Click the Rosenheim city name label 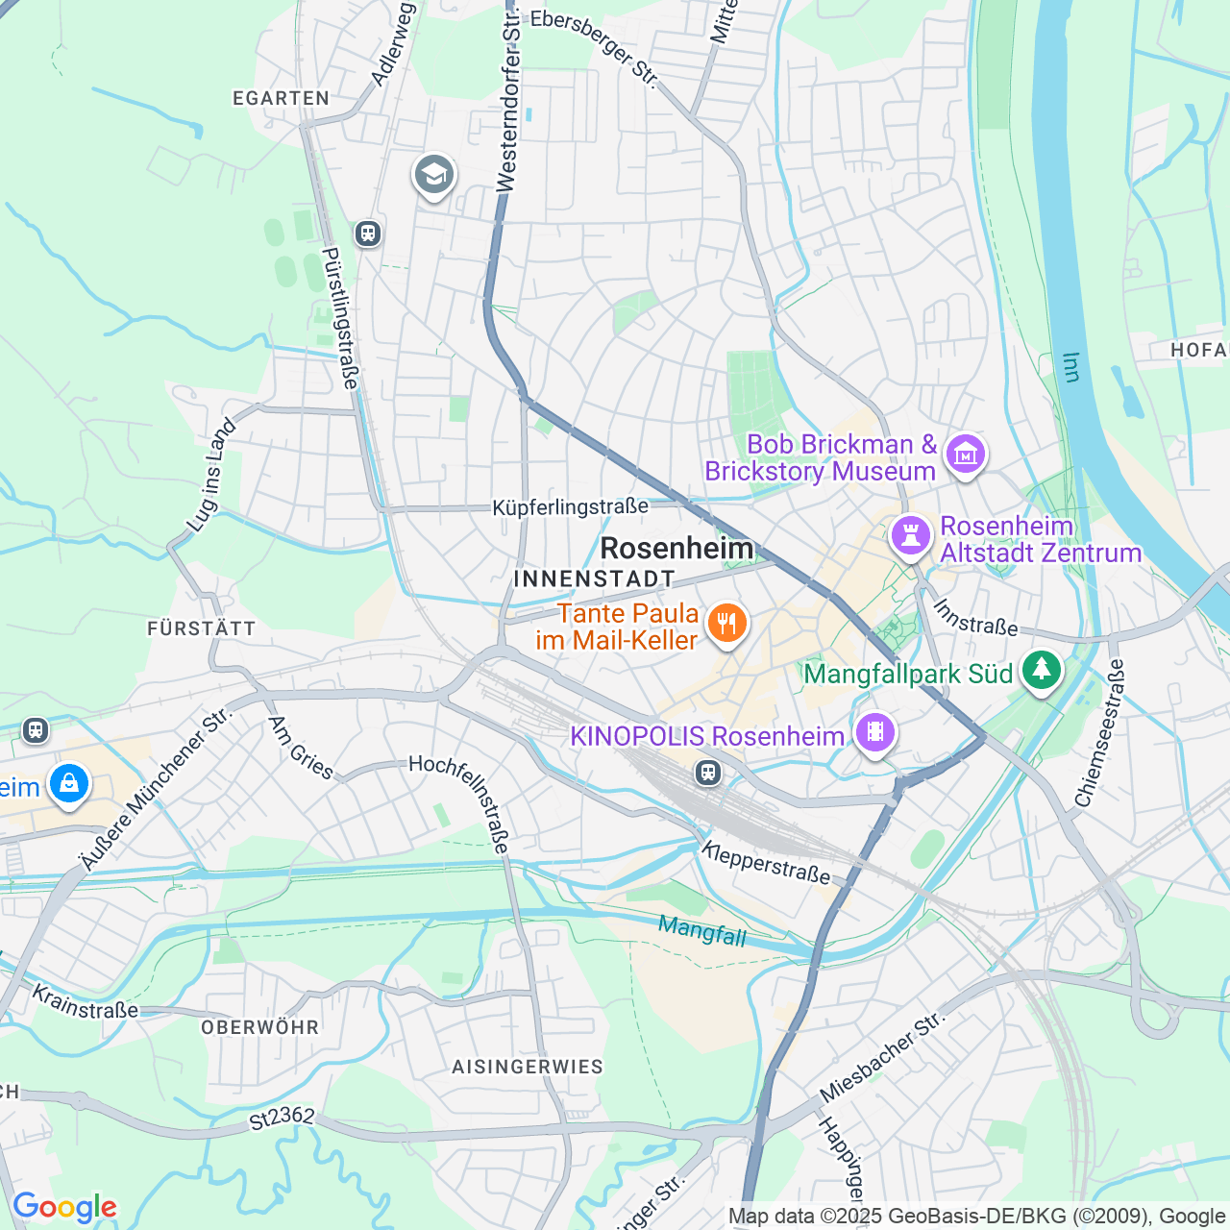[x=676, y=549]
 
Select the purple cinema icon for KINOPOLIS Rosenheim [x=874, y=733]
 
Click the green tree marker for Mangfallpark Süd [x=1041, y=670]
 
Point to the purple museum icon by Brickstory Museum [x=966, y=454]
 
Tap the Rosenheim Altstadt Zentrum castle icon [x=910, y=535]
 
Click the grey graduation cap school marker [x=434, y=175]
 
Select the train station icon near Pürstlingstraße [x=368, y=234]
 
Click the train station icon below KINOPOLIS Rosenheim [x=708, y=773]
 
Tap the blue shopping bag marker [x=69, y=784]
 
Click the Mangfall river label [x=702, y=930]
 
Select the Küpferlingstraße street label [x=570, y=506]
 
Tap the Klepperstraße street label [x=766, y=862]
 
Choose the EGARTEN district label [x=282, y=98]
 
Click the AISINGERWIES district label [x=528, y=1067]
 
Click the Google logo [x=64, y=1207]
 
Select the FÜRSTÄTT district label [x=202, y=628]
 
